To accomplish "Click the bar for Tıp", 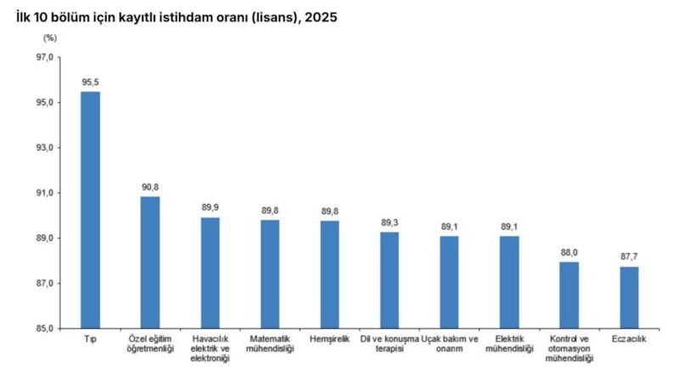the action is [90, 210].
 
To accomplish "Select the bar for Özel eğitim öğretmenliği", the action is [150, 263].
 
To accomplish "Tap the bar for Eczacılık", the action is [629, 297].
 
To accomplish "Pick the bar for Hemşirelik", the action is [329, 274].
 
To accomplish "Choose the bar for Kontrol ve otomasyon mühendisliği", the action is [569, 295].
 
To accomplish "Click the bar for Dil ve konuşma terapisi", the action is [390, 280].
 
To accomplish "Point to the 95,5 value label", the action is [91, 82].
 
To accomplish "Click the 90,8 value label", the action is [150, 188].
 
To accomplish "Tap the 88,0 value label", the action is [569, 252].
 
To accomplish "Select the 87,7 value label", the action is [629, 257].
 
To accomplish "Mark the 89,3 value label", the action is [390, 223].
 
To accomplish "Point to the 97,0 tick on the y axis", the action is [45, 57].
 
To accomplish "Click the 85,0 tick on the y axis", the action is [45, 328].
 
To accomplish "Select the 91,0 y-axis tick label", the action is [45, 193].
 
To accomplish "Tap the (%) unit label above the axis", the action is [50, 38].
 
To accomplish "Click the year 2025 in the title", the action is [321, 17].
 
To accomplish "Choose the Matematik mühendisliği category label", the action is [270, 343].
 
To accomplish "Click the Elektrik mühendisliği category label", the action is [509, 343].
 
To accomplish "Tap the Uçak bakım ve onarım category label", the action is [450, 343].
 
